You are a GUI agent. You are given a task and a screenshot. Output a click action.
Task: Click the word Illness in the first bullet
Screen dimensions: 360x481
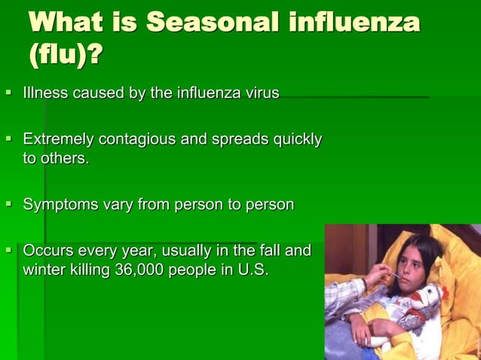tap(46, 93)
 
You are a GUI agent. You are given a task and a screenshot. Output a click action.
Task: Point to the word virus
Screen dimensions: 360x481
tap(259, 93)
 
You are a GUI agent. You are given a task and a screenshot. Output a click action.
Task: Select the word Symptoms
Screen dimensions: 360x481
tap(57, 204)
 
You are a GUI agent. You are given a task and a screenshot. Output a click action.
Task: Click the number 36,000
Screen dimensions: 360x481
tap(142, 270)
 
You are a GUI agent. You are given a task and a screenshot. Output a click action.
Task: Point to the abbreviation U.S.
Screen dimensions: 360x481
tap(251, 270)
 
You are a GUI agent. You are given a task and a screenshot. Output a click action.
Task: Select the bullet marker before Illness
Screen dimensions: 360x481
tap(9, 93)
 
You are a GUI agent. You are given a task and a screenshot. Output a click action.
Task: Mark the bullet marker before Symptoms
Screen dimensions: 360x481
tap(9, 204)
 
